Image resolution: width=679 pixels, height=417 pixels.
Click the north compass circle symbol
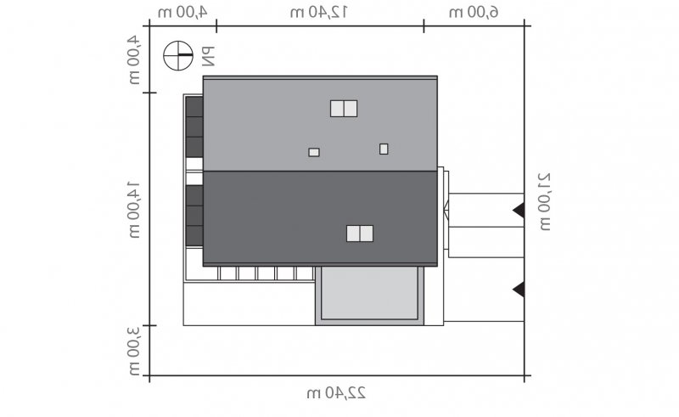click(178, 55)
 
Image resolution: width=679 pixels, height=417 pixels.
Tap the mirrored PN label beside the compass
click(208, 57)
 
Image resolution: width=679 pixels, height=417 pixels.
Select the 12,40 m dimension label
click(319, 12)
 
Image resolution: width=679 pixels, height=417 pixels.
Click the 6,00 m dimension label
click(474, 12)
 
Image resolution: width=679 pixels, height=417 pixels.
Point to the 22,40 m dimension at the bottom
click(336, 393)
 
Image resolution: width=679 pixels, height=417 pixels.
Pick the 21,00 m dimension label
click(544, 201)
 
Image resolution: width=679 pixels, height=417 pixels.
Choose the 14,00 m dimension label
click(134, 210)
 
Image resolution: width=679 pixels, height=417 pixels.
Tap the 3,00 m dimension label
click(134, 350)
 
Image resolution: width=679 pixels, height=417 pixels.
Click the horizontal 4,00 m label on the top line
click(182, 12)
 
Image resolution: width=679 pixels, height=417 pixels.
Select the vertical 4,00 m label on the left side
click(134, 59)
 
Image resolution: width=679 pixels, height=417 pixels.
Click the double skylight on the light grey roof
click(344, 109)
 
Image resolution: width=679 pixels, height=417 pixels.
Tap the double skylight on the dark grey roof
click(360, 234)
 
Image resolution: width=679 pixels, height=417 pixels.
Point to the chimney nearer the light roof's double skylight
click(314, 152)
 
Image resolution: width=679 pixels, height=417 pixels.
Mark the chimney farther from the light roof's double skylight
click(384, 149)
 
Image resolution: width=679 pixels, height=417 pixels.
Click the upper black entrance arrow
click(519, 211)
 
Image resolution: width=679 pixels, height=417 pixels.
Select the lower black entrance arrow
click(519, 289)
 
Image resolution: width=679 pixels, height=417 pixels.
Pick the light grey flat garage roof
click(369, 294)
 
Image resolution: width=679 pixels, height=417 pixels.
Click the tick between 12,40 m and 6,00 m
click(424, 26)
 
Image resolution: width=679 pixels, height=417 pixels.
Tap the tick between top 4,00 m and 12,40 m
click(216, 26)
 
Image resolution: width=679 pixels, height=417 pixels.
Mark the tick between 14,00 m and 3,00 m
click(150, 325)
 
